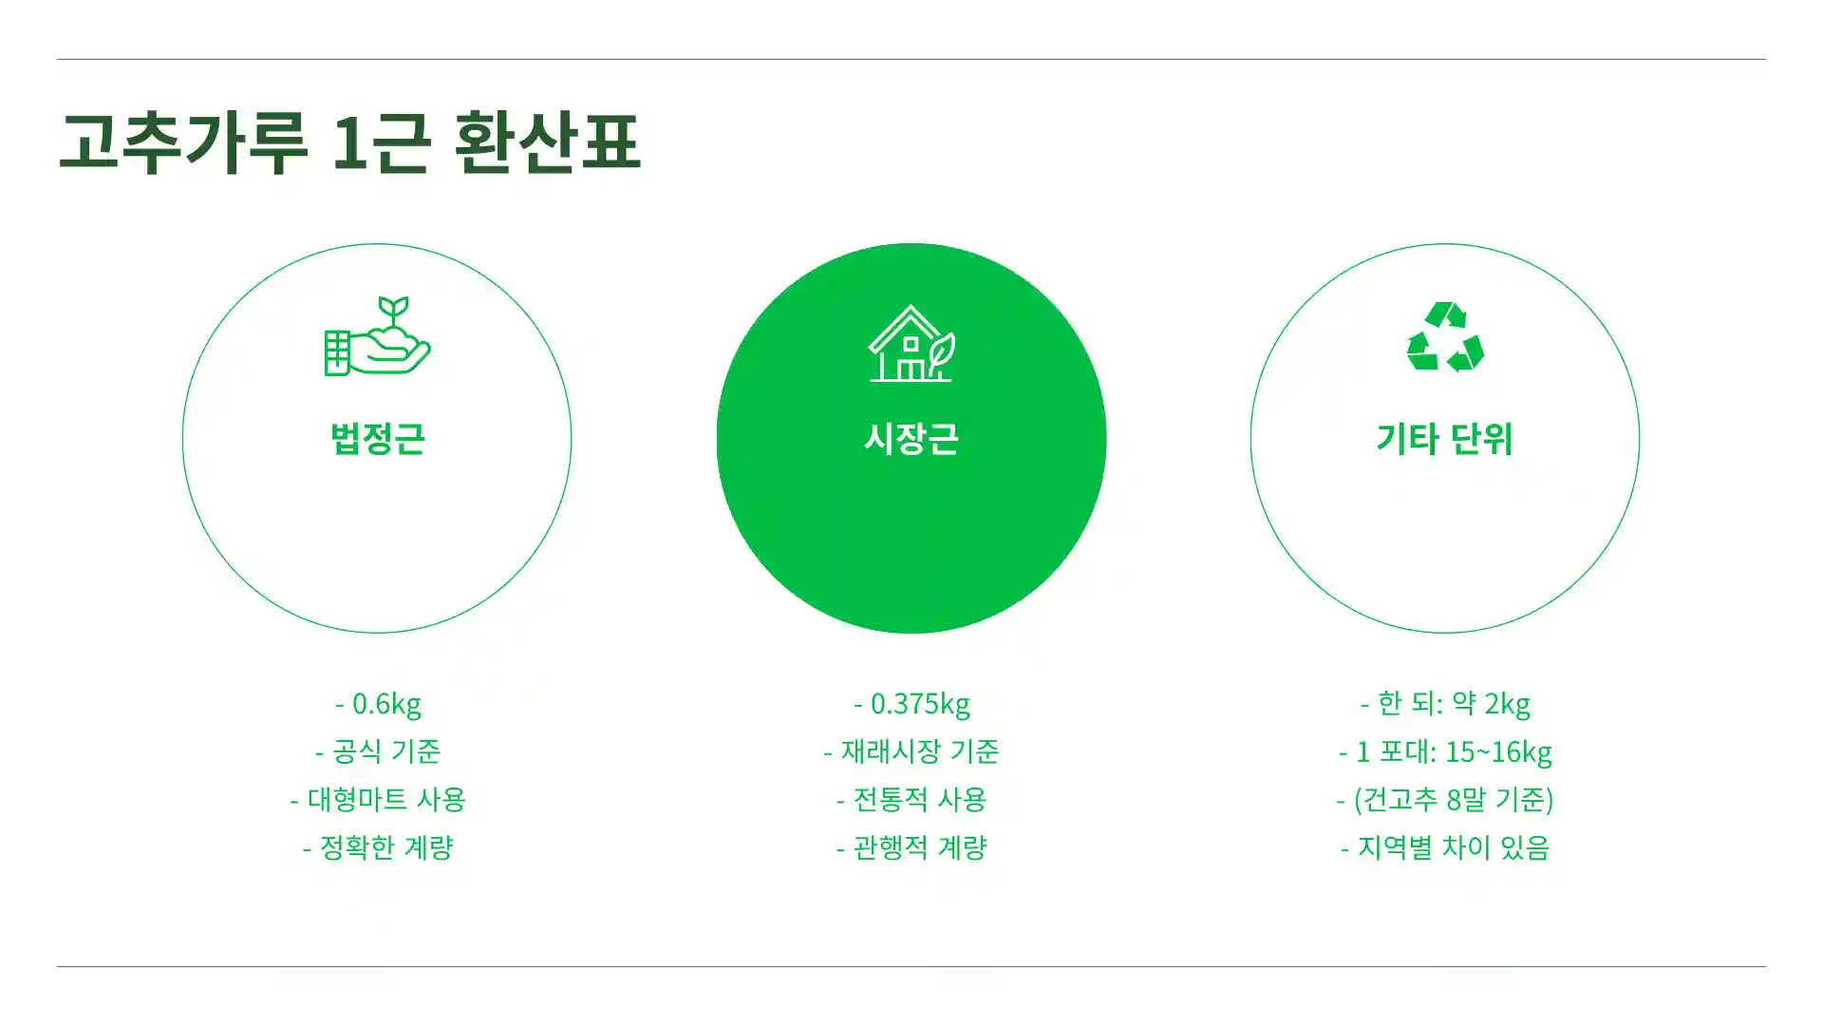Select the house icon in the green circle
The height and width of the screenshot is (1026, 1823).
click(911, 344)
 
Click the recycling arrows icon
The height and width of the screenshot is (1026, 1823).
click(1444, 337)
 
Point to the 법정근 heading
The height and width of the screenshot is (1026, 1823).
click(377, 439)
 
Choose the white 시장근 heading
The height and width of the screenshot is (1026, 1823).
click(911, 439)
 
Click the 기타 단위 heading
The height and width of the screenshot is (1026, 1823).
click(1444, 439)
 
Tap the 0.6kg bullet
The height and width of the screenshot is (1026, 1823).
click(378, 704)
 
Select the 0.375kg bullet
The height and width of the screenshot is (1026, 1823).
click(911, 704)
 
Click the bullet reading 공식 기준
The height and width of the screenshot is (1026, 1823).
click(378, 751)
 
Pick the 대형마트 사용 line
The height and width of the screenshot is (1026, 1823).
click(378, 799)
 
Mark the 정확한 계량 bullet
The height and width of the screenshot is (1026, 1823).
click(378, 847)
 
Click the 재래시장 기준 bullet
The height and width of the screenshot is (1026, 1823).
click(911, 751)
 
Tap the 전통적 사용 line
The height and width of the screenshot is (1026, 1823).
click(911, 799)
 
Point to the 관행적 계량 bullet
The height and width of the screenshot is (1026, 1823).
click(911, 847)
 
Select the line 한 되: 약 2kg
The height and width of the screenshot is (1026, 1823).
click(1445, 704)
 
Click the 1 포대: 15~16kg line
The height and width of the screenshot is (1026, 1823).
click(1445, 751)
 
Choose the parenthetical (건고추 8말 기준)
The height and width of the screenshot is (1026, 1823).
click(1445, 799)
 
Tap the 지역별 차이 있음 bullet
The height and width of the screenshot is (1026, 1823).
click(1445, 847)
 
